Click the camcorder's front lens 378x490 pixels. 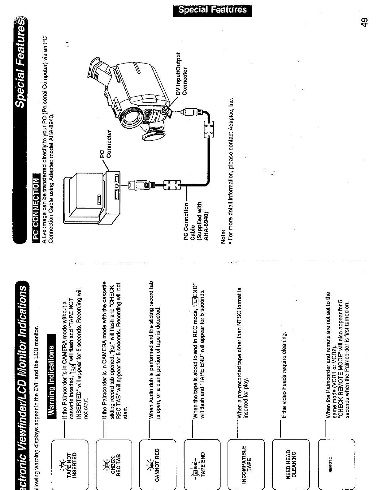(x=130, y=115)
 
